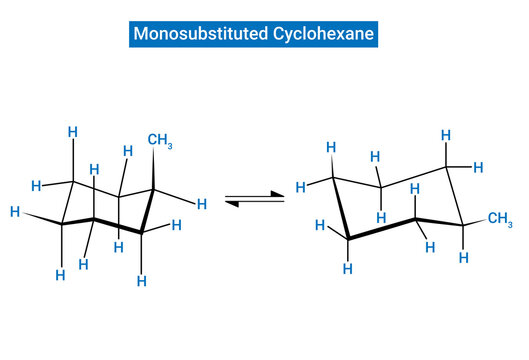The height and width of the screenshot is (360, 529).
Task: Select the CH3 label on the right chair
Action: coord(500,219)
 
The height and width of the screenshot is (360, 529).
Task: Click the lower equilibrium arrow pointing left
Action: coord(255,204)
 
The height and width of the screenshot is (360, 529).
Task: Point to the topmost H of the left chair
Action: coord(72,131)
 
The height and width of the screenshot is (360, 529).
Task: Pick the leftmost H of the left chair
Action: coord(14,212)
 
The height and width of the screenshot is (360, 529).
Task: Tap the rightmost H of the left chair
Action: coord(201,204)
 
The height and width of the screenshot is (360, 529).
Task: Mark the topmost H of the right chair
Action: coord(446,135)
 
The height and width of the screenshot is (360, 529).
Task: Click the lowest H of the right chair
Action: coord(347,269)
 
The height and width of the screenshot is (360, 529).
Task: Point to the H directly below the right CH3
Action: coord(463,258)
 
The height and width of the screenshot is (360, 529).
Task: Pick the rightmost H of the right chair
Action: coord(478,166)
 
